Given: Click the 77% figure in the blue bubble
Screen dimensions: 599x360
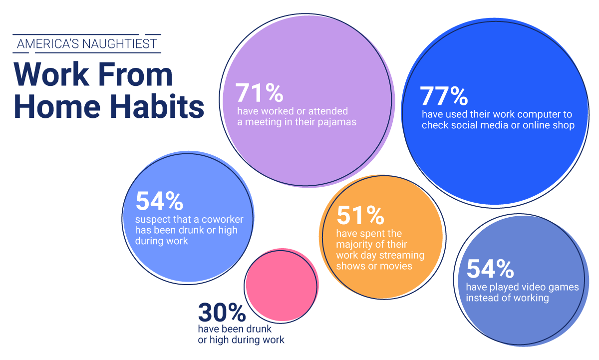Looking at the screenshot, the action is [x=444, y=96].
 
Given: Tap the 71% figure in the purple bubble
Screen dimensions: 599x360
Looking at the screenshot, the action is [x=259, y=92].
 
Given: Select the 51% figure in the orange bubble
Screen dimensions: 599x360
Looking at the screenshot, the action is [x=360, y=215].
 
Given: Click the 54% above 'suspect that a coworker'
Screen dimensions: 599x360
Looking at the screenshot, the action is [x=159, y=201].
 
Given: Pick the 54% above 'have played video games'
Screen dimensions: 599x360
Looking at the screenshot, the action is [x=490, y=269].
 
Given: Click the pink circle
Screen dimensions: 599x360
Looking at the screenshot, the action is [x=282, y=285].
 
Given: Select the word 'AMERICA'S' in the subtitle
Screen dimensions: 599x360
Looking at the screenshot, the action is [x=48, y=43].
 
